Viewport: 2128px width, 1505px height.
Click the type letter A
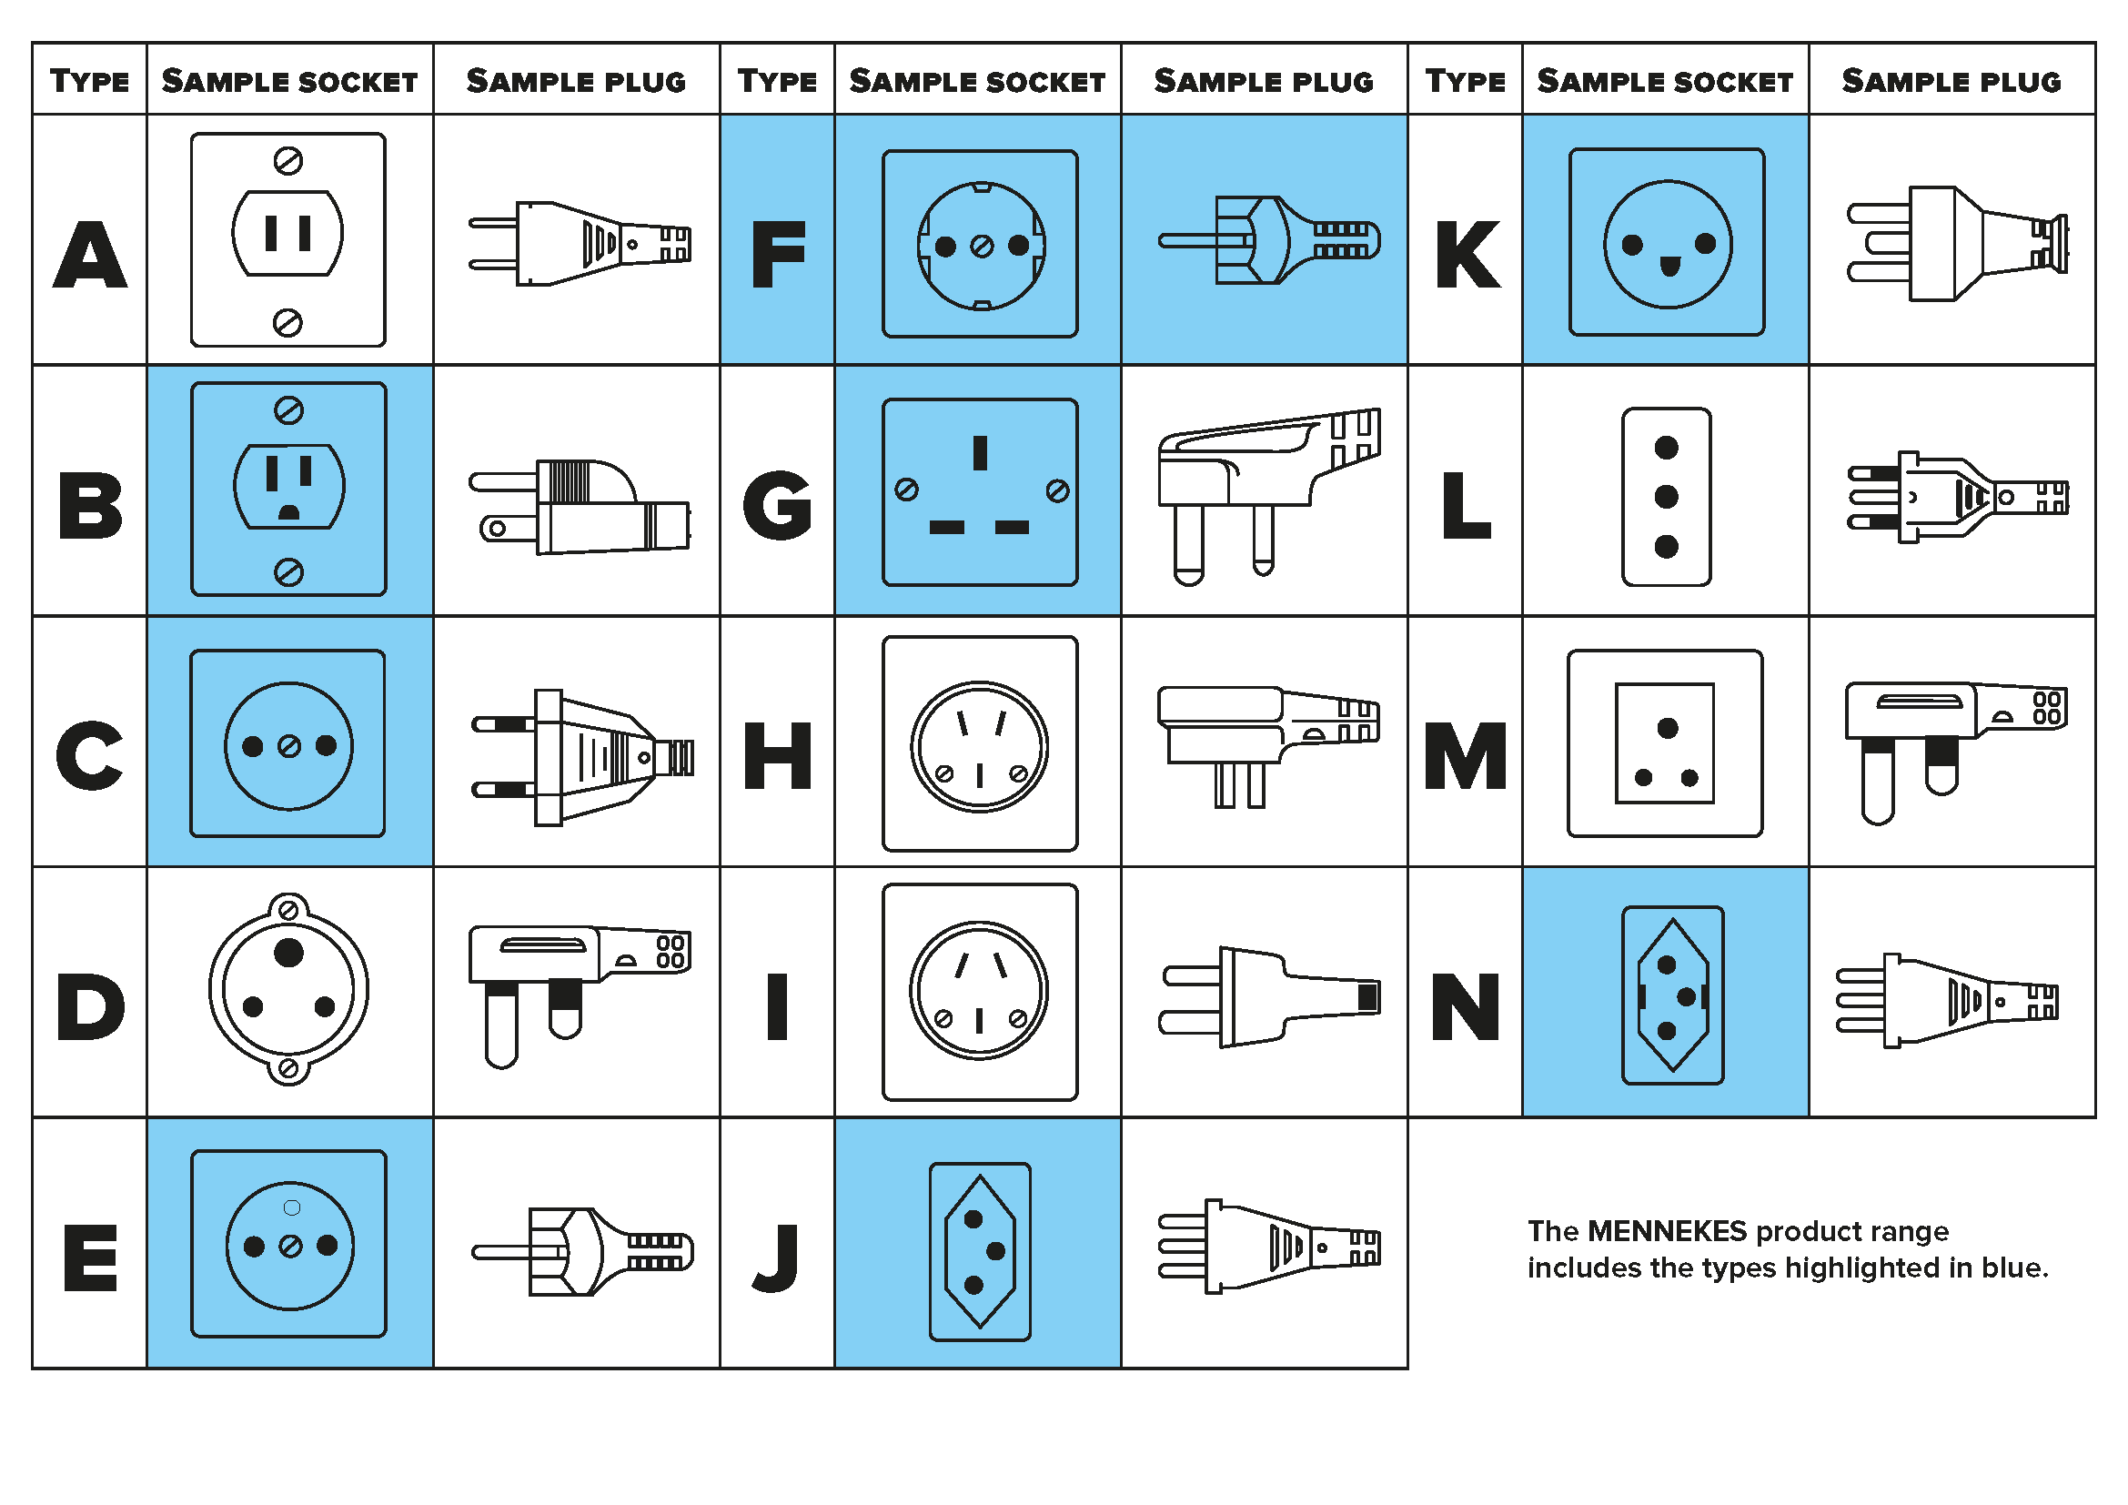(90, 255)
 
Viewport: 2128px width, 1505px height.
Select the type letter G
(778, 505)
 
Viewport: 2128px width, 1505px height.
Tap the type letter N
(1466, 1006)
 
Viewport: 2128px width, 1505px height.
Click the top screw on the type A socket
(288, 161)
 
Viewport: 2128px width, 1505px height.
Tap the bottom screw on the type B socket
(288, 572)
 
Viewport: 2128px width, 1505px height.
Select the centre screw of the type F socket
(982, 246)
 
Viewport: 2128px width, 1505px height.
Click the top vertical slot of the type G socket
(980, 453)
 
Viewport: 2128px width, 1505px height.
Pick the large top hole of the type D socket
(288, 953)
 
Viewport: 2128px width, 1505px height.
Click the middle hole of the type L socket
(1667, 497)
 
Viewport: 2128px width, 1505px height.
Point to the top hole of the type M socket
(1668, 729)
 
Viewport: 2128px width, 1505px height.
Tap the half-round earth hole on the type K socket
(1670, 268)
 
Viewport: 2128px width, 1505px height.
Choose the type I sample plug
(1267, 997)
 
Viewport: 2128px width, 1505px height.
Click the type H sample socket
(980, 743)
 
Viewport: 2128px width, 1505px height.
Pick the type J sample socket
(980, 1251)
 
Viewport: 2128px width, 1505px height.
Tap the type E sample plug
(582, 1251)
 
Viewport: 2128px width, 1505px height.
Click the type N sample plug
(1946, 1002)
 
